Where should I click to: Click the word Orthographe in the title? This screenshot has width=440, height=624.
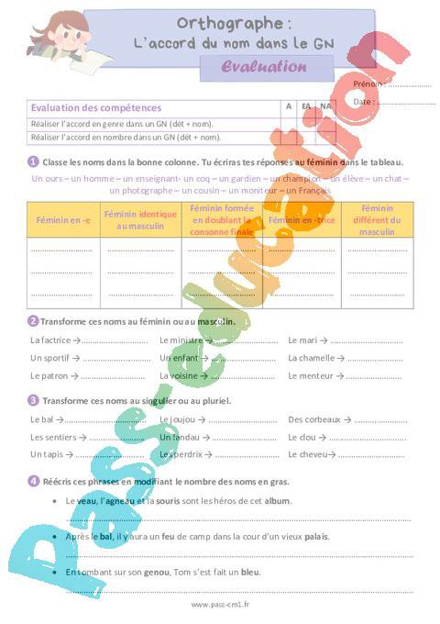pos(224,22)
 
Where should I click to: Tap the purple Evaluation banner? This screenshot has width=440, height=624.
pos(265,66)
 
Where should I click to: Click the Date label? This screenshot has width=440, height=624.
pos(363,101)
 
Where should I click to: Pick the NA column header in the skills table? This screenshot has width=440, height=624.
pos(325,106)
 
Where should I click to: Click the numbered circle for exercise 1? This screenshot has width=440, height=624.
pos(34,162)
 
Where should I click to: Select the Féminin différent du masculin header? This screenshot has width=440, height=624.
pos(377,220)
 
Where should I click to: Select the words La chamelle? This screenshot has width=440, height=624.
pos(311,358)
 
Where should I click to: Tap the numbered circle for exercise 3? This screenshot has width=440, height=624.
pos(34,400)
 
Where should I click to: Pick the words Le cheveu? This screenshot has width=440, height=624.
pos(308,454)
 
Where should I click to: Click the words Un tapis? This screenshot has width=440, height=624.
pos(46,454)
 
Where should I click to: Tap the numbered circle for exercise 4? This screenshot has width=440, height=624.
pos(34,480)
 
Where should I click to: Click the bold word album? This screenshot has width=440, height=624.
pos(277,501)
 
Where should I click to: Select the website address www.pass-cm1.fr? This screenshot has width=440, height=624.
pos(221,605)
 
